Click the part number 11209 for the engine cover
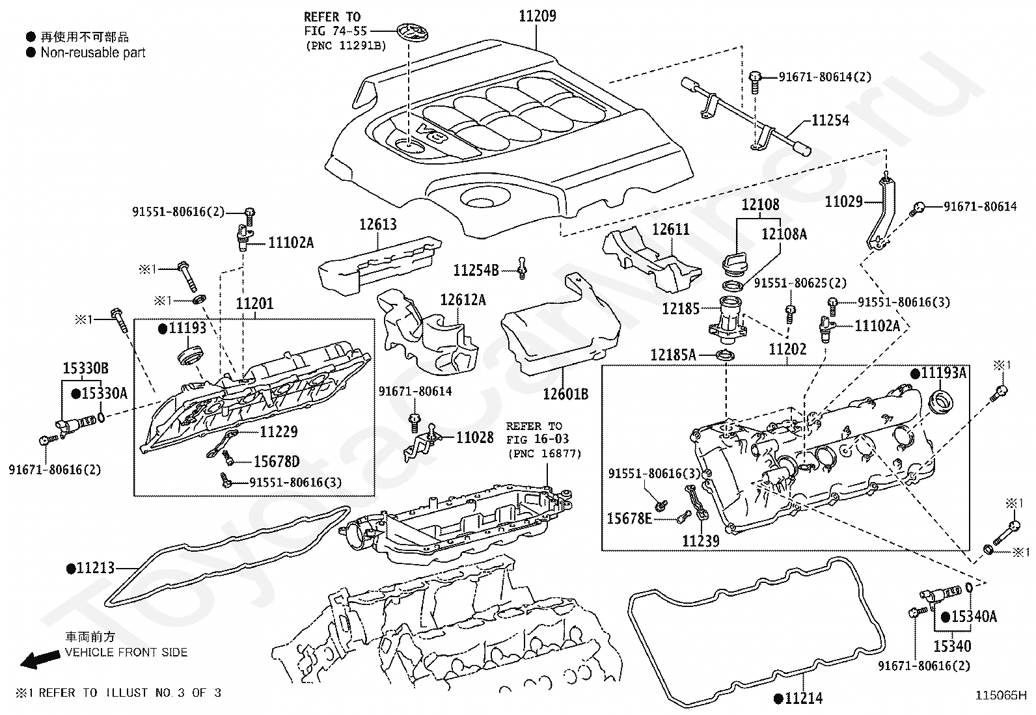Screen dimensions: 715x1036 537,16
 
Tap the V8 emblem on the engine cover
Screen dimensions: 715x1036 432,133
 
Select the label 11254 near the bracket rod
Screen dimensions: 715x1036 830,120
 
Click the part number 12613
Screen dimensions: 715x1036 377,224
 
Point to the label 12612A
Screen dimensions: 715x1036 463,300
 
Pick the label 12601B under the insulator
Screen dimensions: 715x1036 566,394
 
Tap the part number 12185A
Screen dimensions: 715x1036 673,355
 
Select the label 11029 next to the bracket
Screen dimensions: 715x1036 843,202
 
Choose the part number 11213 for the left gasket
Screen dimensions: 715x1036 95,568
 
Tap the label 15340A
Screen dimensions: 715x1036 974,616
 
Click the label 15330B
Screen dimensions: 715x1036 85,369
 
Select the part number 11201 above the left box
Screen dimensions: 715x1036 254,304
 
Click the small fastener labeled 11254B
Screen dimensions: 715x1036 521,269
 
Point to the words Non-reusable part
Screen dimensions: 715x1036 93,53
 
